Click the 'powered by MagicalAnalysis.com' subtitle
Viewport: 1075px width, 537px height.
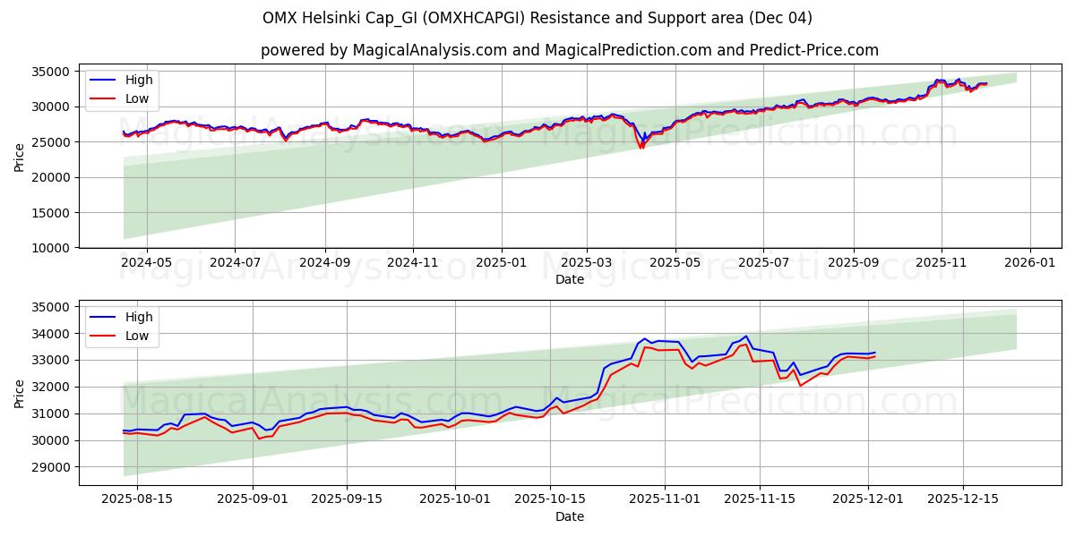(x=570, y=50)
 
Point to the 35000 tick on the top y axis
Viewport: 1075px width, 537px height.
(x=50, y=72)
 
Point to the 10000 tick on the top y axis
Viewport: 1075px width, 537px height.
(x=50, y=248)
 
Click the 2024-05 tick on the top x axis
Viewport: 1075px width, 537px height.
(x=146, y=263)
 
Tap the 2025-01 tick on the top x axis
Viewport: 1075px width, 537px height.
(x=501, y=263)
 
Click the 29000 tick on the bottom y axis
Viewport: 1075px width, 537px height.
(x=50, y=467)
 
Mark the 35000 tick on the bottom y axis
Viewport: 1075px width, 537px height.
(x=50, y=307)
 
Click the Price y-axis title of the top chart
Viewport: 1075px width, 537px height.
(x=20, y=158)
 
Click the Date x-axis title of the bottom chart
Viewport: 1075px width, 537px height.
(x=570, y=516)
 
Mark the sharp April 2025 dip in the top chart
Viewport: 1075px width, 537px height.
(x=641, y=147)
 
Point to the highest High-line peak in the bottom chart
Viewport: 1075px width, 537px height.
(x=745, y=337)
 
